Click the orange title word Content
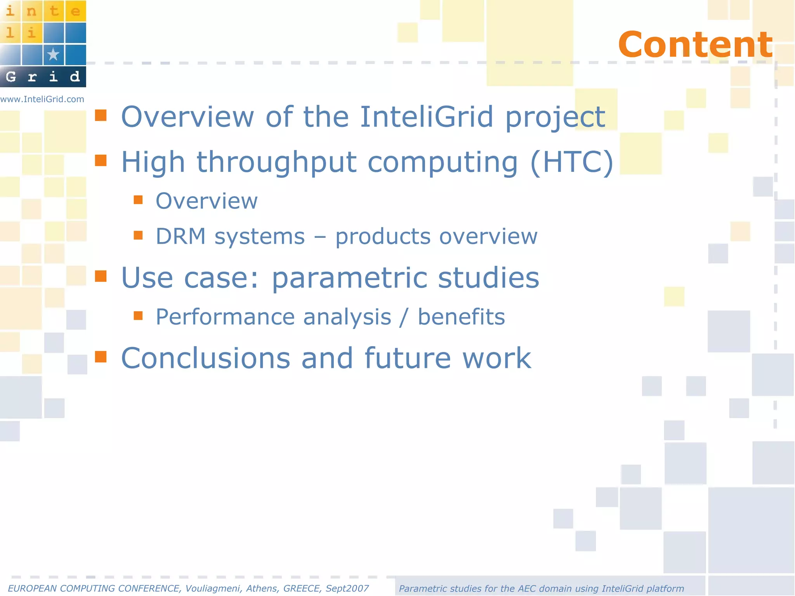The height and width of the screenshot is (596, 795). tap(695, 45)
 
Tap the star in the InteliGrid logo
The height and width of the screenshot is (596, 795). tap(53, 54)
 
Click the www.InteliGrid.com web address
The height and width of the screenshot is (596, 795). tap(42, 99)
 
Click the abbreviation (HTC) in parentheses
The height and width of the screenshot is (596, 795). tap(571, 162)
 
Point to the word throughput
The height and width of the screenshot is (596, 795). tap(276, 162)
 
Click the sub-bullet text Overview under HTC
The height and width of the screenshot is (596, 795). tap(207, 201)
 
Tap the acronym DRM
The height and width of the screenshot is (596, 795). tap(181, 236)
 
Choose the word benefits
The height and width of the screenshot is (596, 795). tap(461, 317)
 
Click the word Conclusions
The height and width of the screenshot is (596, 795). tap(205, 358)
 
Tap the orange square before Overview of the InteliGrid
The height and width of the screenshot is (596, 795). tap(101, 115)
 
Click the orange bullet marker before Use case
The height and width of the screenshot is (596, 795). tap(101, 276)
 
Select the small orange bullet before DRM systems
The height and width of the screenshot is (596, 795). tap(138, 235)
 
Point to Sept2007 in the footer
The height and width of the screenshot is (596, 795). tap(347, 589)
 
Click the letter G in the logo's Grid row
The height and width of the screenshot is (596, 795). tap(11, 76)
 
